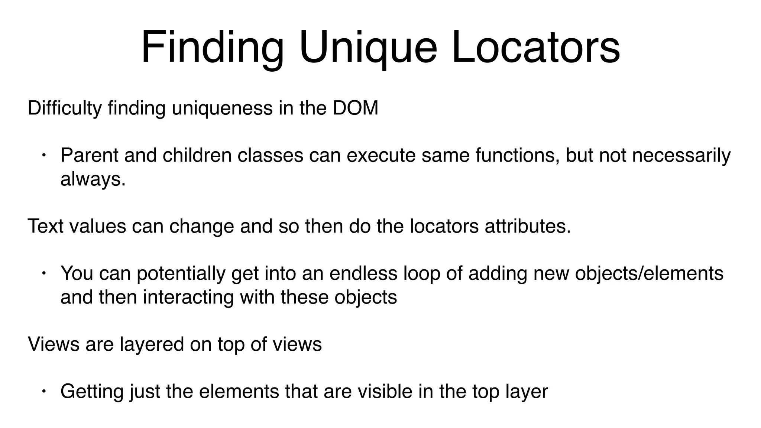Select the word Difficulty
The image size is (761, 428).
click(64, 108)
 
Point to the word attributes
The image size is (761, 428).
click(527, 226)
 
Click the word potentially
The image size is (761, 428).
click(181, 273)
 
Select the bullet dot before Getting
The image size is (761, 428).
click(43, 392)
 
